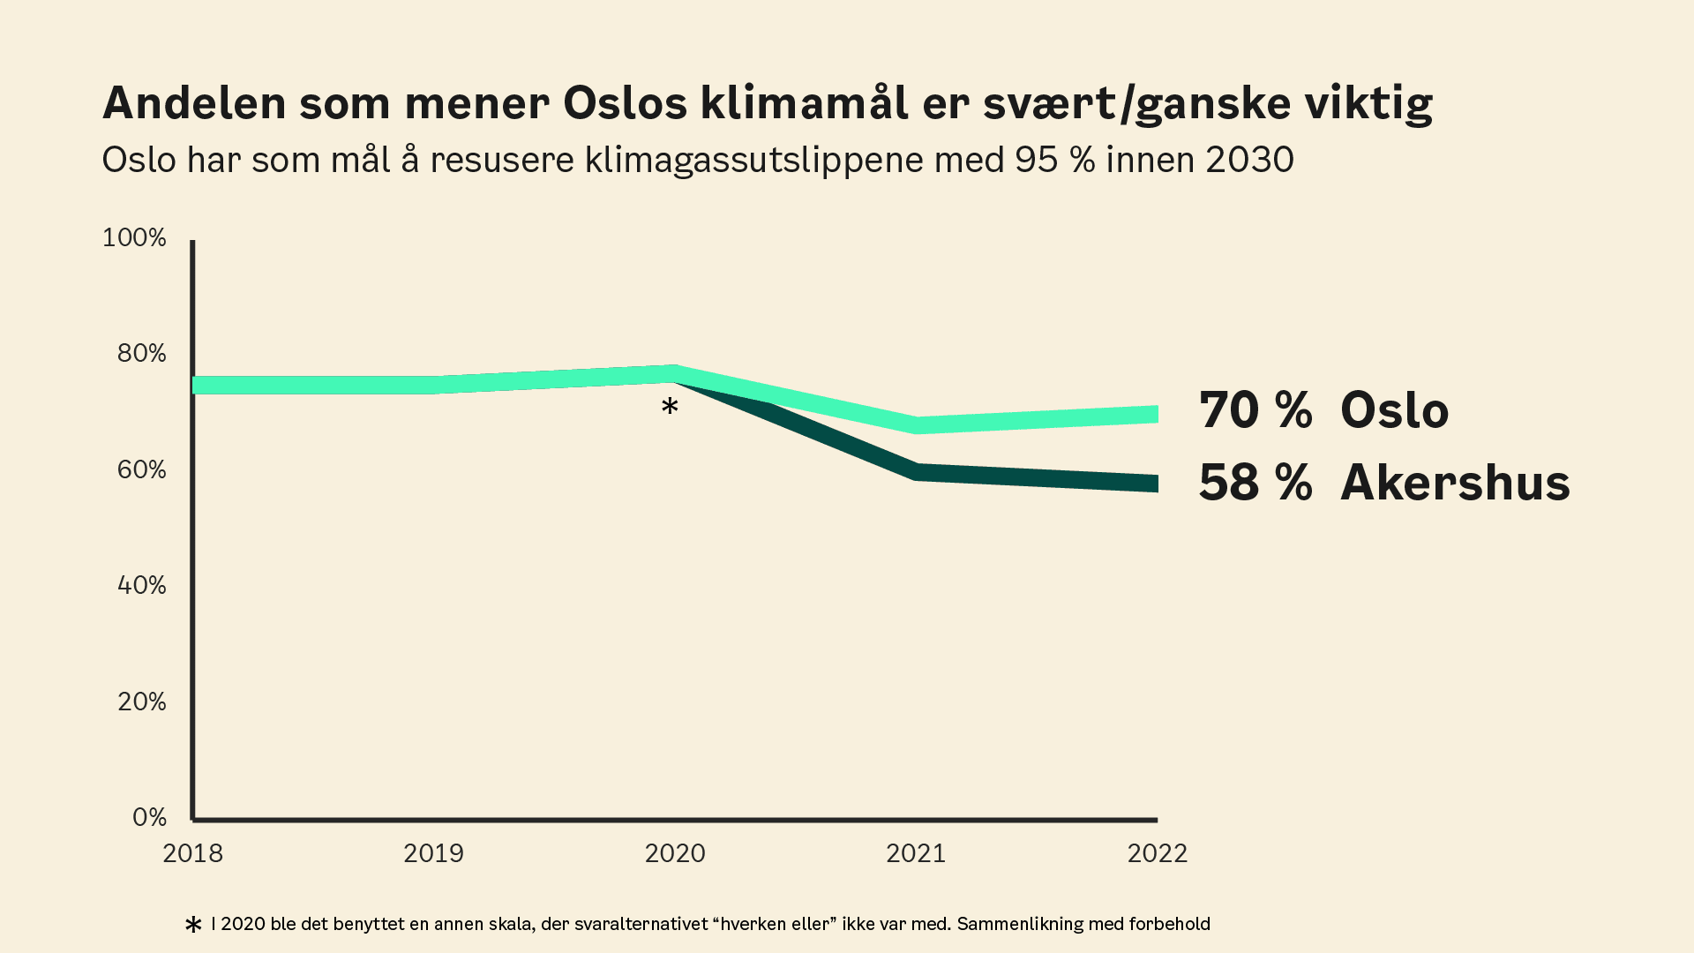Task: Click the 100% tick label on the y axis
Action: click(134, 237)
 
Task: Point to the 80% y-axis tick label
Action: click(141, 353)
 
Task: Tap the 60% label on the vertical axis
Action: click(141, 469)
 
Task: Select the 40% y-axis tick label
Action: click(141, 585)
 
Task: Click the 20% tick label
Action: click(141, 702)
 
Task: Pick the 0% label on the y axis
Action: click(149, 817)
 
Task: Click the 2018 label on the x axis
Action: click(193, 853)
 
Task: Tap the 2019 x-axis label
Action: click(433, 853)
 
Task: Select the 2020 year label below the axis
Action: click(675, 853)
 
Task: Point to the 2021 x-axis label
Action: click(916, 853)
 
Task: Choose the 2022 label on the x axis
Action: click(1158, 853)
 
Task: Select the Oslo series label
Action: click(1394, 410)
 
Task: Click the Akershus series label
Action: click(1455, 483)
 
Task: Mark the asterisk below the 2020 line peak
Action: click(670, 407)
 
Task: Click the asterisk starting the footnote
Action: click(193, 925)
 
